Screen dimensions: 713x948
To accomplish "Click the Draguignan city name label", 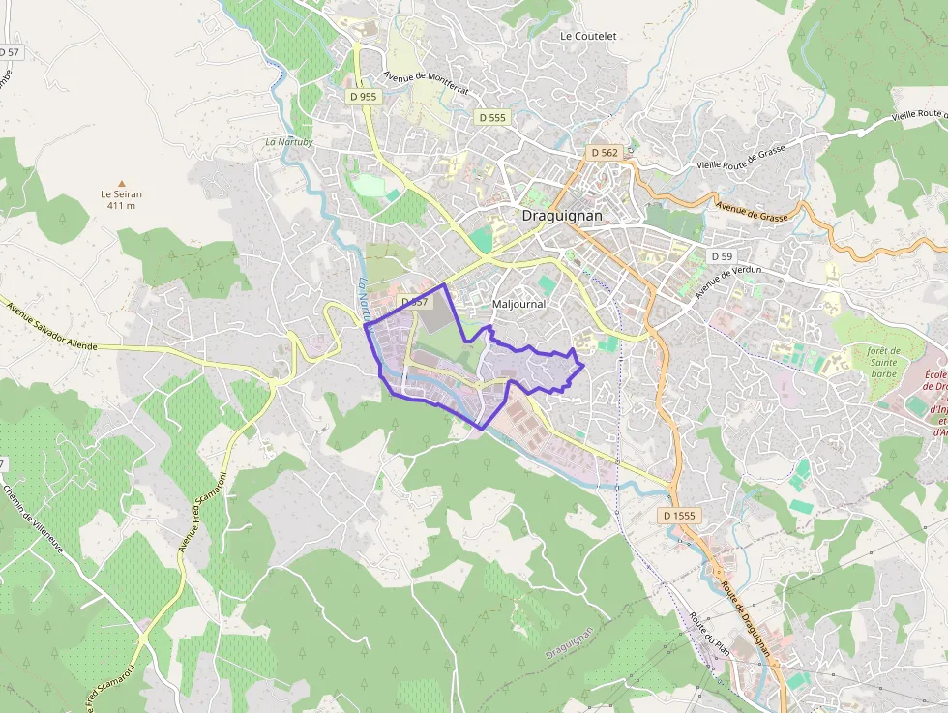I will (x=562, y=216).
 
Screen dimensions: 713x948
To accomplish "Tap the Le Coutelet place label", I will (x=588, y=36).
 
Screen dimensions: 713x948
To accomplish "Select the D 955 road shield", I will (x=363, y=97).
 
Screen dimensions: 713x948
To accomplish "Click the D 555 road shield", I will (x=491, y=117).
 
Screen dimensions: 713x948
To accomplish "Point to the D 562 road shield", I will (x=604, y=153).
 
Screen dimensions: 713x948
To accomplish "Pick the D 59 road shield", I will (x=721, y=256).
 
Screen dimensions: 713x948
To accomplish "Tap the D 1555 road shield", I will (x=679, y=516).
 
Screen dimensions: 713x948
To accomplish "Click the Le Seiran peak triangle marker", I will (x=122, y=183).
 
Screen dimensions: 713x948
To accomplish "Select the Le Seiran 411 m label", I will (x=122, y=199).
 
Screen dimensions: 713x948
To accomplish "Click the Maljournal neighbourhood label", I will (x=518, y=304).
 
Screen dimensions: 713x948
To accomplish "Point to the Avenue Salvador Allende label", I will (x=57, y=326).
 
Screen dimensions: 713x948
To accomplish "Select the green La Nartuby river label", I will (x=289, y=142).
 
